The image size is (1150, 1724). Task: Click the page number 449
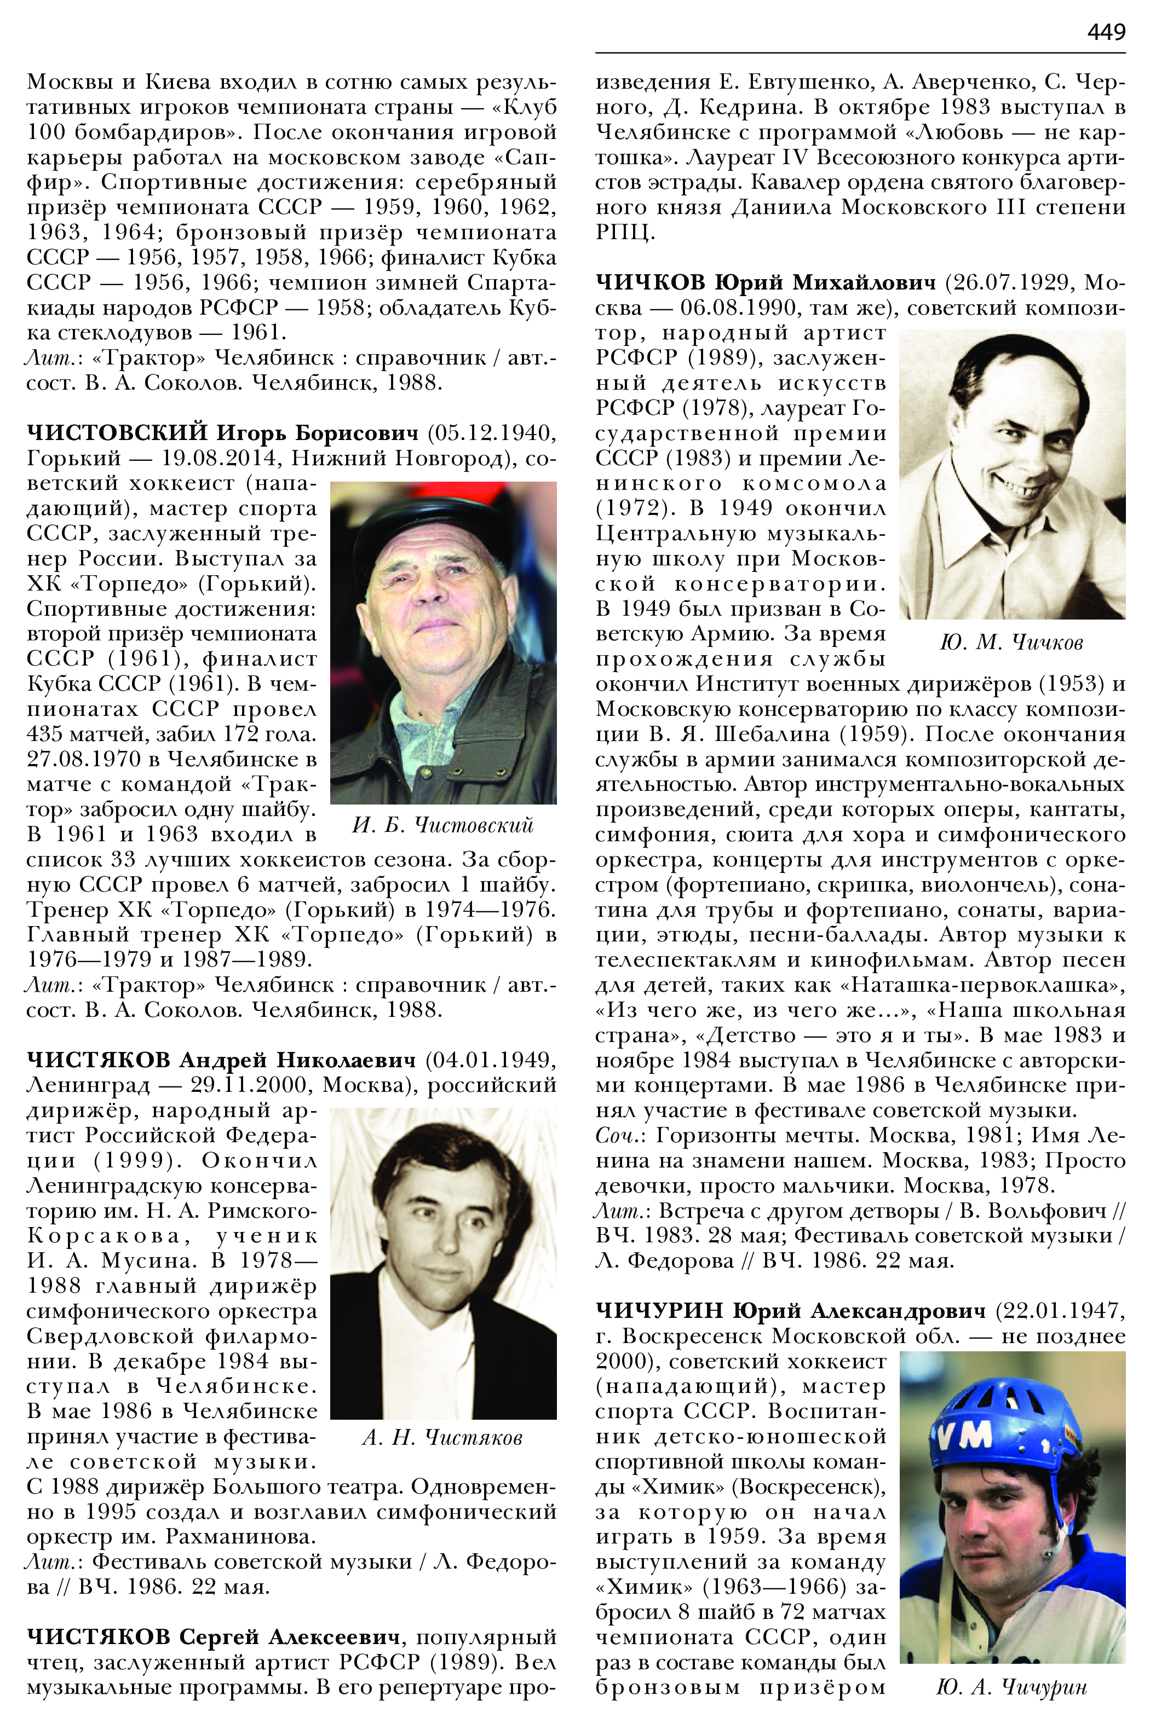pos(1106,32)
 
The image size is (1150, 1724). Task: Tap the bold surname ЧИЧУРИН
pos(659,1310)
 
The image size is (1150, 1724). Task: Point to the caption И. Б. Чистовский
pos(443,825)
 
